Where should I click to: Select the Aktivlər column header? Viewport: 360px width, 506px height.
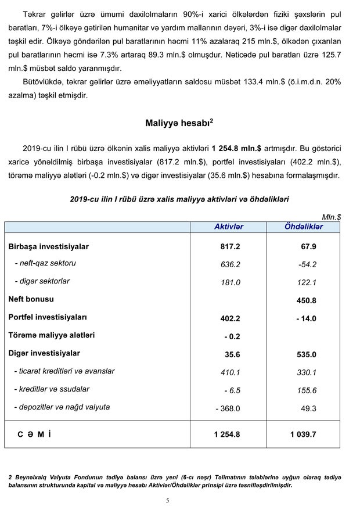click(229, 227)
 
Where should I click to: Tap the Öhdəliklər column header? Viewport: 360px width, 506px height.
click(304, 227)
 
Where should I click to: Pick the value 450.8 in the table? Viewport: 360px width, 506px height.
click(306, 300)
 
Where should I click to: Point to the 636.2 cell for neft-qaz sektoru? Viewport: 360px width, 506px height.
click(230, 264)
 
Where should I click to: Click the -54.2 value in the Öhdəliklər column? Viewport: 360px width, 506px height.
click(306, 264)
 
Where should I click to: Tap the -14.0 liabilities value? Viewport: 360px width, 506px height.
click(304, 318)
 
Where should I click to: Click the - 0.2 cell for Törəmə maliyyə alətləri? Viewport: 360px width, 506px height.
click(232, 336)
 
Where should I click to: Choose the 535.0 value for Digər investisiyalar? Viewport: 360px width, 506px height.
click(306, 354)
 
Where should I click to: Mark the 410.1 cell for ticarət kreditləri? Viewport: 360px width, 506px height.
click(230, 372)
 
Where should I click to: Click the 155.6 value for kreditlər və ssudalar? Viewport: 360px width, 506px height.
click(306, 390)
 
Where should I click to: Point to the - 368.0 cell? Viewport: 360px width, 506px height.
click(228, 408)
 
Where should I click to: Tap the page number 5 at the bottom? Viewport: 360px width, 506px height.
click(167, 500)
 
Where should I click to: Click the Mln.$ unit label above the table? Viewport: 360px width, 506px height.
click(331, 216)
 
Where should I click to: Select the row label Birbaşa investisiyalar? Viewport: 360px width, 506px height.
click(48, 246)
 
